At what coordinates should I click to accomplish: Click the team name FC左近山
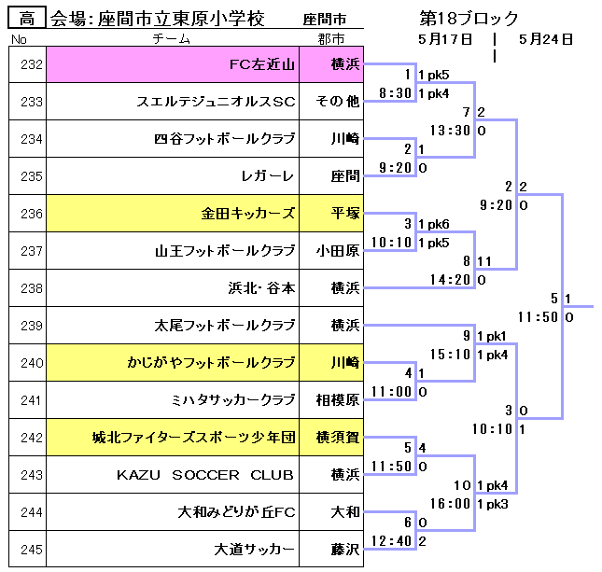click(x=262, y=64)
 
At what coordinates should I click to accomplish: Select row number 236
click(x=31, y=214)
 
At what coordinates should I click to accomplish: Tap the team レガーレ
click(x=269, y=176)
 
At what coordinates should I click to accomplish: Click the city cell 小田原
click(x=337, y=251)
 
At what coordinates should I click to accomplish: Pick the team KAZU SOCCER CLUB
click(x=204, y=475)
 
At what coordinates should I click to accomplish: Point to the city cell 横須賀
click(x=337, y=438)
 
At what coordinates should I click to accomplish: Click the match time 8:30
click(x=395, y=93)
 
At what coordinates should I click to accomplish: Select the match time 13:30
click(x=450, y=131)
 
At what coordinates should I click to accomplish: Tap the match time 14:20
click(x=450, y=279)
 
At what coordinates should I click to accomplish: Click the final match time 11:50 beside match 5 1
click(x=538, y=317)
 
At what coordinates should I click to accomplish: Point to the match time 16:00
click(x=450, y=504)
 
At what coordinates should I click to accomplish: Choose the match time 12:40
click(x=391, y=541)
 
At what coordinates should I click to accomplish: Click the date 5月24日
click(x=545, y=39)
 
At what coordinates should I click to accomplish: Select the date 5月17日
click(x=447, y=39)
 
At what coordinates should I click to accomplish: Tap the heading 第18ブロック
click(x=469, y=19)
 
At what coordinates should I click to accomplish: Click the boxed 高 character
click(x=26, y=19)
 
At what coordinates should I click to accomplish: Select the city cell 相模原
click(x=337, y=400)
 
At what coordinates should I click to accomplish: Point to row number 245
click(x=31, y=550)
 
